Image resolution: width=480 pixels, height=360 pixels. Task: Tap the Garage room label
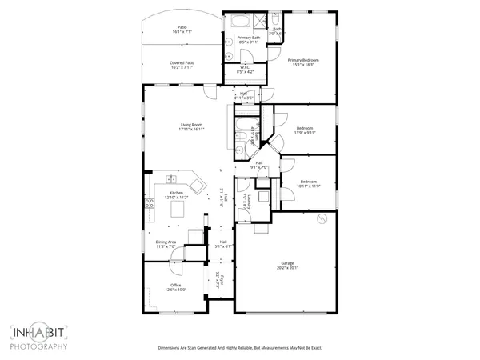pos(288,263)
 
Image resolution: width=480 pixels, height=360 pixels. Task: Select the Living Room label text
pos(190,124)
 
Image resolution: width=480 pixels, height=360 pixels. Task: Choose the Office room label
pos(175,285)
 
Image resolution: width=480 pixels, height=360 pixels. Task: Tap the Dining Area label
pos(166,242)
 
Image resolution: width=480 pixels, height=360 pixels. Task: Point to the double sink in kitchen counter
pos(174,180)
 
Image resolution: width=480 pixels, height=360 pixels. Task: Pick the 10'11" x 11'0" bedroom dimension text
pos(309,186)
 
